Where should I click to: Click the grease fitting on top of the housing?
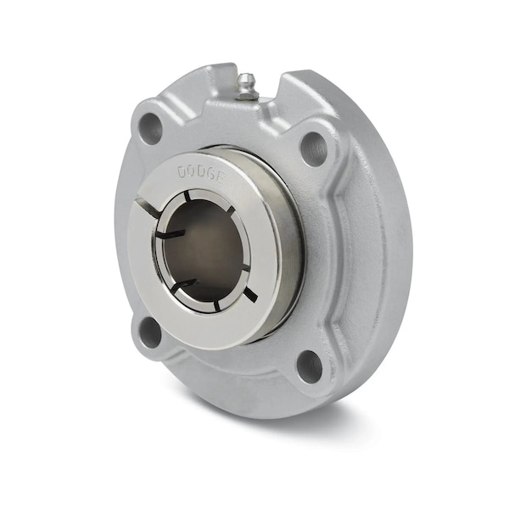tap(246, 87)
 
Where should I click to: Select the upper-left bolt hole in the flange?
tap(149, 125)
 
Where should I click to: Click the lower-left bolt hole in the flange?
tap(150, 332)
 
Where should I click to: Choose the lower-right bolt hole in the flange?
tap(310, 366)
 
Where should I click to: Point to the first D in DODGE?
tap(182, 172)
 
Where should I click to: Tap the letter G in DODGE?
tap(210, 176)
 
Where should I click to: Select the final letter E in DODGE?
tap(220, 178)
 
